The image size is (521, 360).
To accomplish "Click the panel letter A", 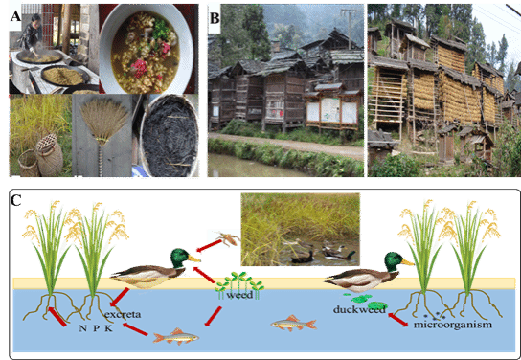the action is [x=15, y=15].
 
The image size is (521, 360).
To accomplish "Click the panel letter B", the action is [x=215, y=18].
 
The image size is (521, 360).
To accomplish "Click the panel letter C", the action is [x=16, y=200].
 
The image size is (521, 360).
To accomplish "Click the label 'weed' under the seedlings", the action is [x=239, y=295].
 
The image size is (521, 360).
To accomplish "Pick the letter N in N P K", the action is [x=82, y=328].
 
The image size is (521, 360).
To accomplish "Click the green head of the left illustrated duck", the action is [x=179, y=258].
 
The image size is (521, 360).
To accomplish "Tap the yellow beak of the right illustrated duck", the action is [x=408, y=262].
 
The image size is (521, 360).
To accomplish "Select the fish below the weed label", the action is [x=176, y=337].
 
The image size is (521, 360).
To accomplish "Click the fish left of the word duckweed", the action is [x=294, y=324].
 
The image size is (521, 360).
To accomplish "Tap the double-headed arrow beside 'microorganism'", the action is [x=397, y=320].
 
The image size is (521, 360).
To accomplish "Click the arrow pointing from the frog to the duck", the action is [x=209, y=246].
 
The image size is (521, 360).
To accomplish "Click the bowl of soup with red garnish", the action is [x=146, y=49].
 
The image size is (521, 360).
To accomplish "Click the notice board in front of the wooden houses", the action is [x=332, y=109].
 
